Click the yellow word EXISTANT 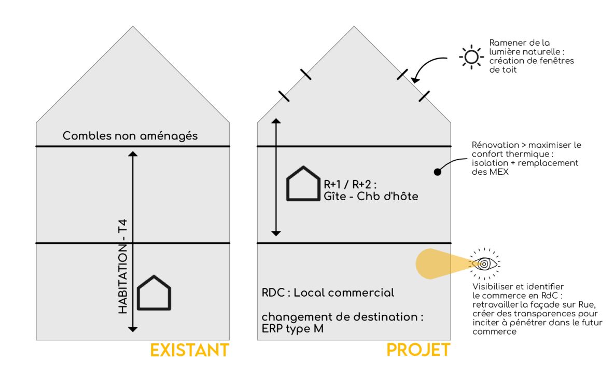tap(189, 350)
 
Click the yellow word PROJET tap(418, 350)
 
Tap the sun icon tap(471, 57)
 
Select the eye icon tap(484, 264)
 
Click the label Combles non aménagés tap(130, 136)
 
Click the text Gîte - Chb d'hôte tap(371, 197)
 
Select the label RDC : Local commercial tap(328, 293)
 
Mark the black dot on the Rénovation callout tap(437, 171)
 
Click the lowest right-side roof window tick tap(424, 95)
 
